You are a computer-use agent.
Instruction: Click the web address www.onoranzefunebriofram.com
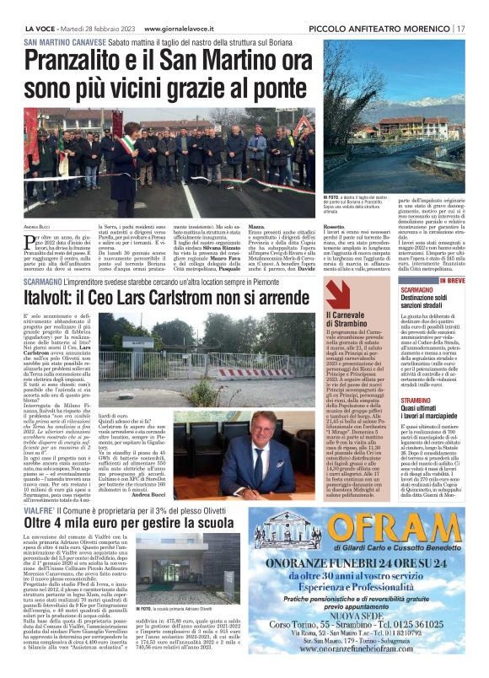point(368,650)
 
